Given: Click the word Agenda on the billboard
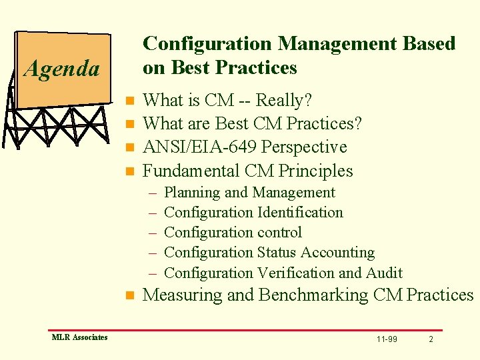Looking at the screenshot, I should click(61, 69).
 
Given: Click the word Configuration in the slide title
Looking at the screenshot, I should click(207, 44).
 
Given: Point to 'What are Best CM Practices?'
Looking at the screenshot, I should click(252, 124).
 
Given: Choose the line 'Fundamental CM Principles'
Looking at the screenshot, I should click(247, 171).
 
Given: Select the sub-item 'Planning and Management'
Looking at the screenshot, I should click(249, 193).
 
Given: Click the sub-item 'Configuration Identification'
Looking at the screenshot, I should click(253, 213).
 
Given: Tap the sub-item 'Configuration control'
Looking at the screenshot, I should click(233, 233).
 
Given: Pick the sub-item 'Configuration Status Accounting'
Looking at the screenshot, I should click(269, 253).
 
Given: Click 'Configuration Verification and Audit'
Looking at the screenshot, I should click(283, 273).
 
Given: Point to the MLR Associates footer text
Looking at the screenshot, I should click(79, 337).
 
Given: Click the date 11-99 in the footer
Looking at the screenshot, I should click(387, 339).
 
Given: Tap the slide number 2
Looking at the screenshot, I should click(431, 339).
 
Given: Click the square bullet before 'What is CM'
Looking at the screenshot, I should click(130, 101).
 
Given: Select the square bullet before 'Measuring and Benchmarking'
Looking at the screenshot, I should click(130, 295).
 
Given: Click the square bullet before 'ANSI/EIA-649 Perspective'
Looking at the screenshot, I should click(130, 147).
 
